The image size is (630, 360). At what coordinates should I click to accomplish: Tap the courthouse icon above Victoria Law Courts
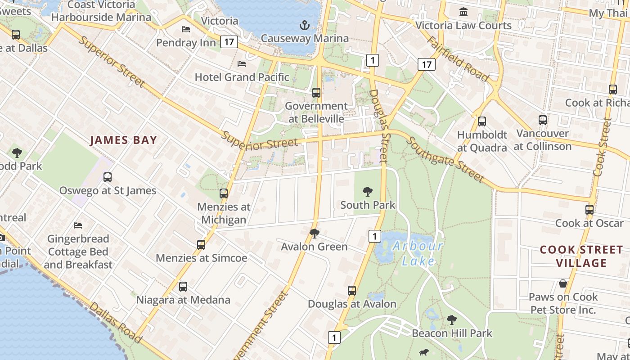[x=463, y=12]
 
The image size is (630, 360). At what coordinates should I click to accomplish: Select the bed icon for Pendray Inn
[x=185, y=29]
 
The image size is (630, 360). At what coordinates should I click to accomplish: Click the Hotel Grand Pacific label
[x=242, y=77]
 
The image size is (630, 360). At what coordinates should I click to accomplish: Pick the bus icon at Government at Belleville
[x=316, y=93]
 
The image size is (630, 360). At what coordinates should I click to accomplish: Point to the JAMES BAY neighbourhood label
[x=123, y=140]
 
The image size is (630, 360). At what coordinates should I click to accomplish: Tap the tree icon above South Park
[x=367, y=192]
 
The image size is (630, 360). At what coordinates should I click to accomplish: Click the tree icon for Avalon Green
[x=315, y=233]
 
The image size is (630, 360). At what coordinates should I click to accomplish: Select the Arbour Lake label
[x=418, y=253]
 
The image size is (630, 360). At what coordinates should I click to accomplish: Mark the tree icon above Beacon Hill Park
[x=451, y=320]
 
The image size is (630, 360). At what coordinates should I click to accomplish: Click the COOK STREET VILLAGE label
[x=581, y=256]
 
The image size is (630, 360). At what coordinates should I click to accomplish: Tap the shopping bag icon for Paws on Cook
[x=562, y=283]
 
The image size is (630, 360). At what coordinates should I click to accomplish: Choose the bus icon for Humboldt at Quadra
[x=482, y=121]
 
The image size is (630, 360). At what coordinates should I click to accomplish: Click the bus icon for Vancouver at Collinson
[x=543, y=120]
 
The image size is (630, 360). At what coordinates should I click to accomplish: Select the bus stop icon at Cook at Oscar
[x=589, y=209]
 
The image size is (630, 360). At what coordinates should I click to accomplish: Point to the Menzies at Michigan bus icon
[x=224, y=193]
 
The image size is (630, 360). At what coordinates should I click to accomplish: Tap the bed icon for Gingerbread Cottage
[x=78, y=225]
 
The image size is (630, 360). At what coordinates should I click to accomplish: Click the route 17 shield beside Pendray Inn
[x=229, y=42]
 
